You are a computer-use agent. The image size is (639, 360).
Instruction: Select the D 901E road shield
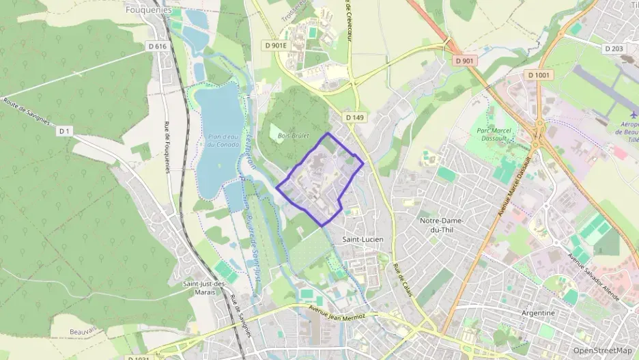276,45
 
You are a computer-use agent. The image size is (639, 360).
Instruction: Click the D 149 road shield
355,117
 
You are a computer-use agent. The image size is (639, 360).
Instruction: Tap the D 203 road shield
614,49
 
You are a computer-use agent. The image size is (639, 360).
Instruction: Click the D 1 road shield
64,130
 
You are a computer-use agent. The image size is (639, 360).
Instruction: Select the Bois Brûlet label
294,136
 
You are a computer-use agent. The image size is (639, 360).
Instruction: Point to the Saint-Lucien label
363,239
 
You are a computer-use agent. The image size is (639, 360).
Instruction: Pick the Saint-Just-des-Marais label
205,288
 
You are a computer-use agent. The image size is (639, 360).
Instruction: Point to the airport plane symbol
634,114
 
